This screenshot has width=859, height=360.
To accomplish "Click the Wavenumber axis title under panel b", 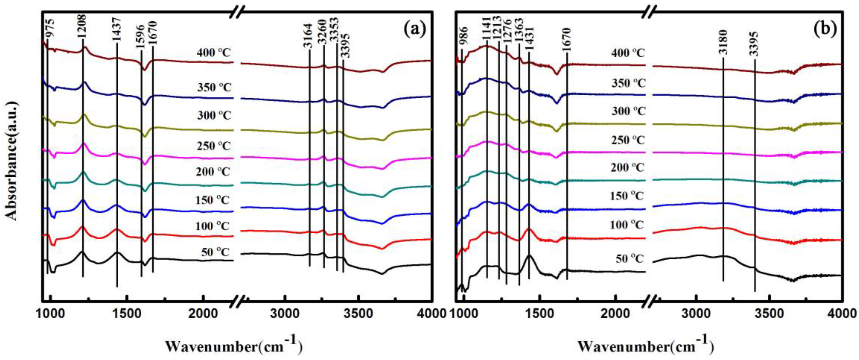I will (x=645, y=346).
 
